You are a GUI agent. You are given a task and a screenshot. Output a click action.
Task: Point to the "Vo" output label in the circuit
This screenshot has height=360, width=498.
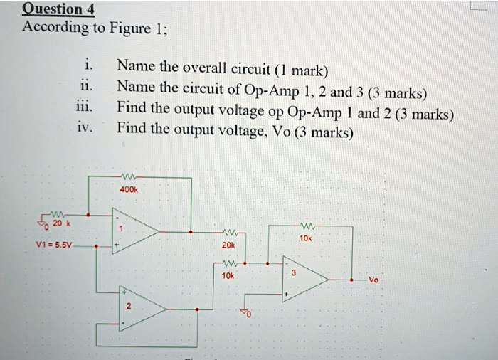coord(374,280)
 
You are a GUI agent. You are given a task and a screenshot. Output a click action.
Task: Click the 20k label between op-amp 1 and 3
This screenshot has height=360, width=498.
coord(227,244)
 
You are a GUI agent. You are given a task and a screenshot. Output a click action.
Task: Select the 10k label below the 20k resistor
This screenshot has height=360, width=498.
coord(227,275)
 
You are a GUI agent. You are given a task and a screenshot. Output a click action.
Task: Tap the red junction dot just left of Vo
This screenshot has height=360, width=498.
coord(352,280)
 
